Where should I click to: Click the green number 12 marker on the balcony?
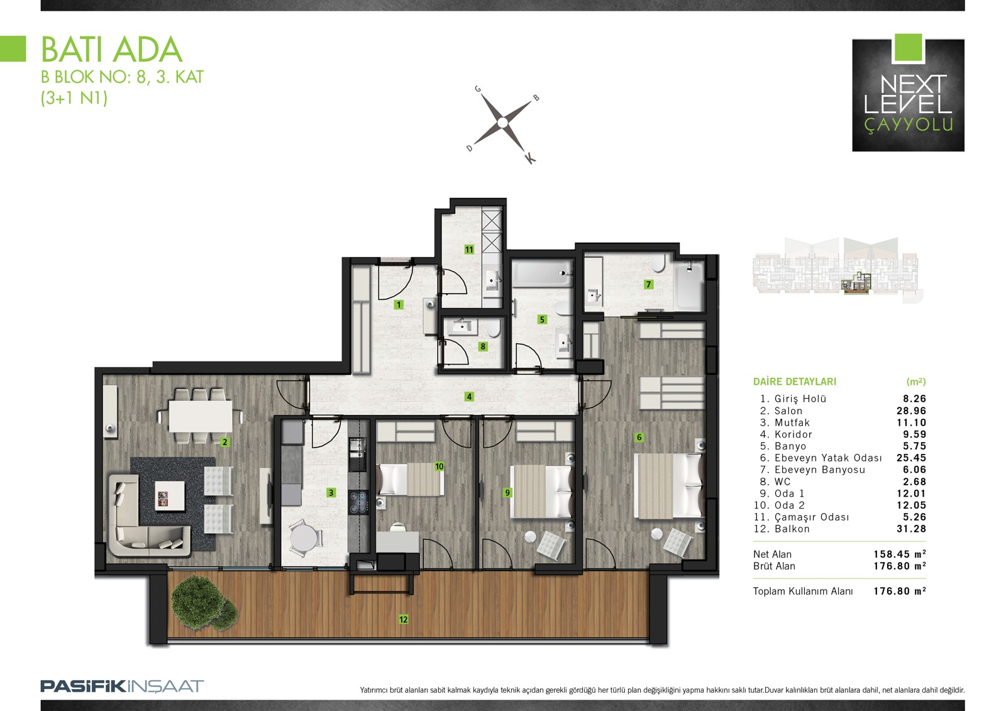[403, 619]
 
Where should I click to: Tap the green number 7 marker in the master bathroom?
[648, 284]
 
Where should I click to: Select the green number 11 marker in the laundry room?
[469, 250]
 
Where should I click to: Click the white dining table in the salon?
[201, 416]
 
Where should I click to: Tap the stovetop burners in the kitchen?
[358, 502]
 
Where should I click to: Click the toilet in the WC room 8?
[494, 328]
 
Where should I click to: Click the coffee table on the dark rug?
[170, 496]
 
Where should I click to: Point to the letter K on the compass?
[531, 158]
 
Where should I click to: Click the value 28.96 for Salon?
[911, 411]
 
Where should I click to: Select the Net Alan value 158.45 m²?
[900, 554]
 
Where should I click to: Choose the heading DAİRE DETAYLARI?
[795, 382]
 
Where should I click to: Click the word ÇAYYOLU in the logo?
[909, 124]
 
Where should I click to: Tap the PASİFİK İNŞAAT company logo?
[122, 686]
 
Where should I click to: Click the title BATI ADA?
[111, 50]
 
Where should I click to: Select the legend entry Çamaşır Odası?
[812, 517]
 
